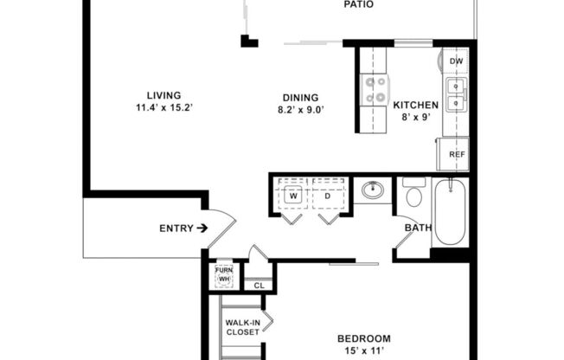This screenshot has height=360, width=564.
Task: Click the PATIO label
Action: [x=359, y=4]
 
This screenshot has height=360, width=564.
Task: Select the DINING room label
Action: [x=298, y=98]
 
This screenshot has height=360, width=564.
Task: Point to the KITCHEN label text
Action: [x=416, y=106]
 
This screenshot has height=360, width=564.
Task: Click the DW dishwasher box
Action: [x=456, y=61]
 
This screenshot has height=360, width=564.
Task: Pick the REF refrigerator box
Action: [x=456, y=155]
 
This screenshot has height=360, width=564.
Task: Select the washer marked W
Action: [x=293, y=196]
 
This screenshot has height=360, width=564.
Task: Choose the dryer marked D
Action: [x=328, y=196]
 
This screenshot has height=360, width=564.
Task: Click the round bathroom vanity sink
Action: [x=375, y=190]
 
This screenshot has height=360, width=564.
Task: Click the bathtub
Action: [x=450, y=212]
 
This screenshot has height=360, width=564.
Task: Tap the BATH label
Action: [x=419, y=228]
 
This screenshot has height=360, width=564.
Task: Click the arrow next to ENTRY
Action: [x=202, y=228]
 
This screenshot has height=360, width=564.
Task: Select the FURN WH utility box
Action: [x=223, y=275]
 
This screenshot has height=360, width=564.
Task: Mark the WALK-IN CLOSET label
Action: [x=242, y=326]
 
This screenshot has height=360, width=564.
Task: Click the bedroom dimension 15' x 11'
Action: [x=363, y=350]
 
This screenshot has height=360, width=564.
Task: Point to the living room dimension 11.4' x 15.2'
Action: [x=163, y=108]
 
